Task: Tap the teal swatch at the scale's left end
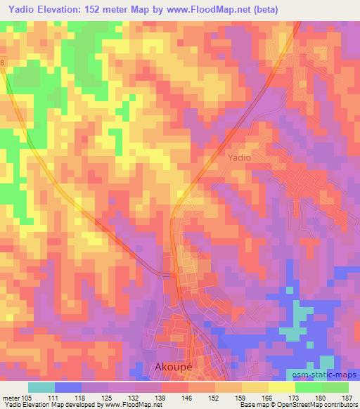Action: coord(41,387)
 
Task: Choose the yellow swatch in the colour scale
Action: coord(281,387)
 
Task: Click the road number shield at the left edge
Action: coord(2,63)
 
